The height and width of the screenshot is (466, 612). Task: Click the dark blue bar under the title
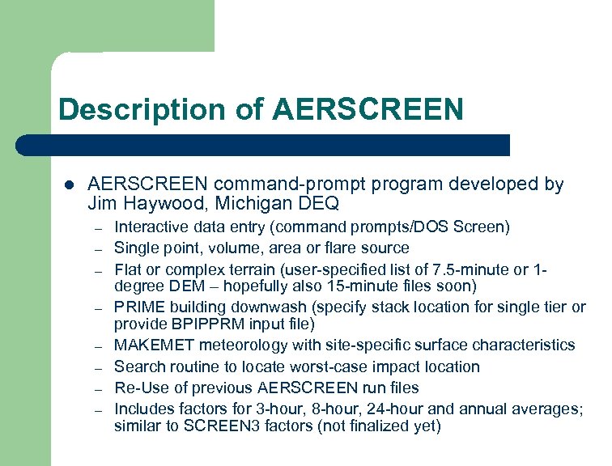(263, 146)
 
